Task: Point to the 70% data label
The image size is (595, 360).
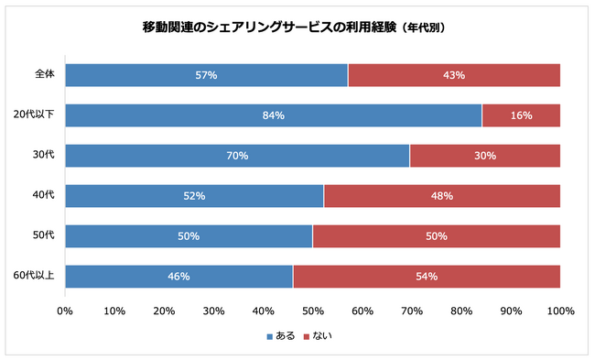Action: pos(237,156)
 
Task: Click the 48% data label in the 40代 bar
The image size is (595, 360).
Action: pos(441,196)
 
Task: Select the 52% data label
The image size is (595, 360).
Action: pos(194,196)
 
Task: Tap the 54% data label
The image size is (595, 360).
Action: pos(427,276)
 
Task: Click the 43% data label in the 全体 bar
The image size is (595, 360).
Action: pos(454,75)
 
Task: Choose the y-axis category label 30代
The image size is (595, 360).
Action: pos(43,155)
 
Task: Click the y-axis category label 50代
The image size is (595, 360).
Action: pos(43,235)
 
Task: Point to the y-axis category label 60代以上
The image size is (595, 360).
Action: pos(36,276)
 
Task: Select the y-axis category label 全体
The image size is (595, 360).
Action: pos(45,75)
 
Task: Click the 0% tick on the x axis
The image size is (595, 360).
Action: pos(65,311)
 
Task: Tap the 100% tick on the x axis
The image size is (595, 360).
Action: pos(559,311)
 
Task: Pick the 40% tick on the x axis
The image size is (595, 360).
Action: pos(263,311)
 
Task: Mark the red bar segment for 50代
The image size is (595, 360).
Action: pos(436,235)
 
